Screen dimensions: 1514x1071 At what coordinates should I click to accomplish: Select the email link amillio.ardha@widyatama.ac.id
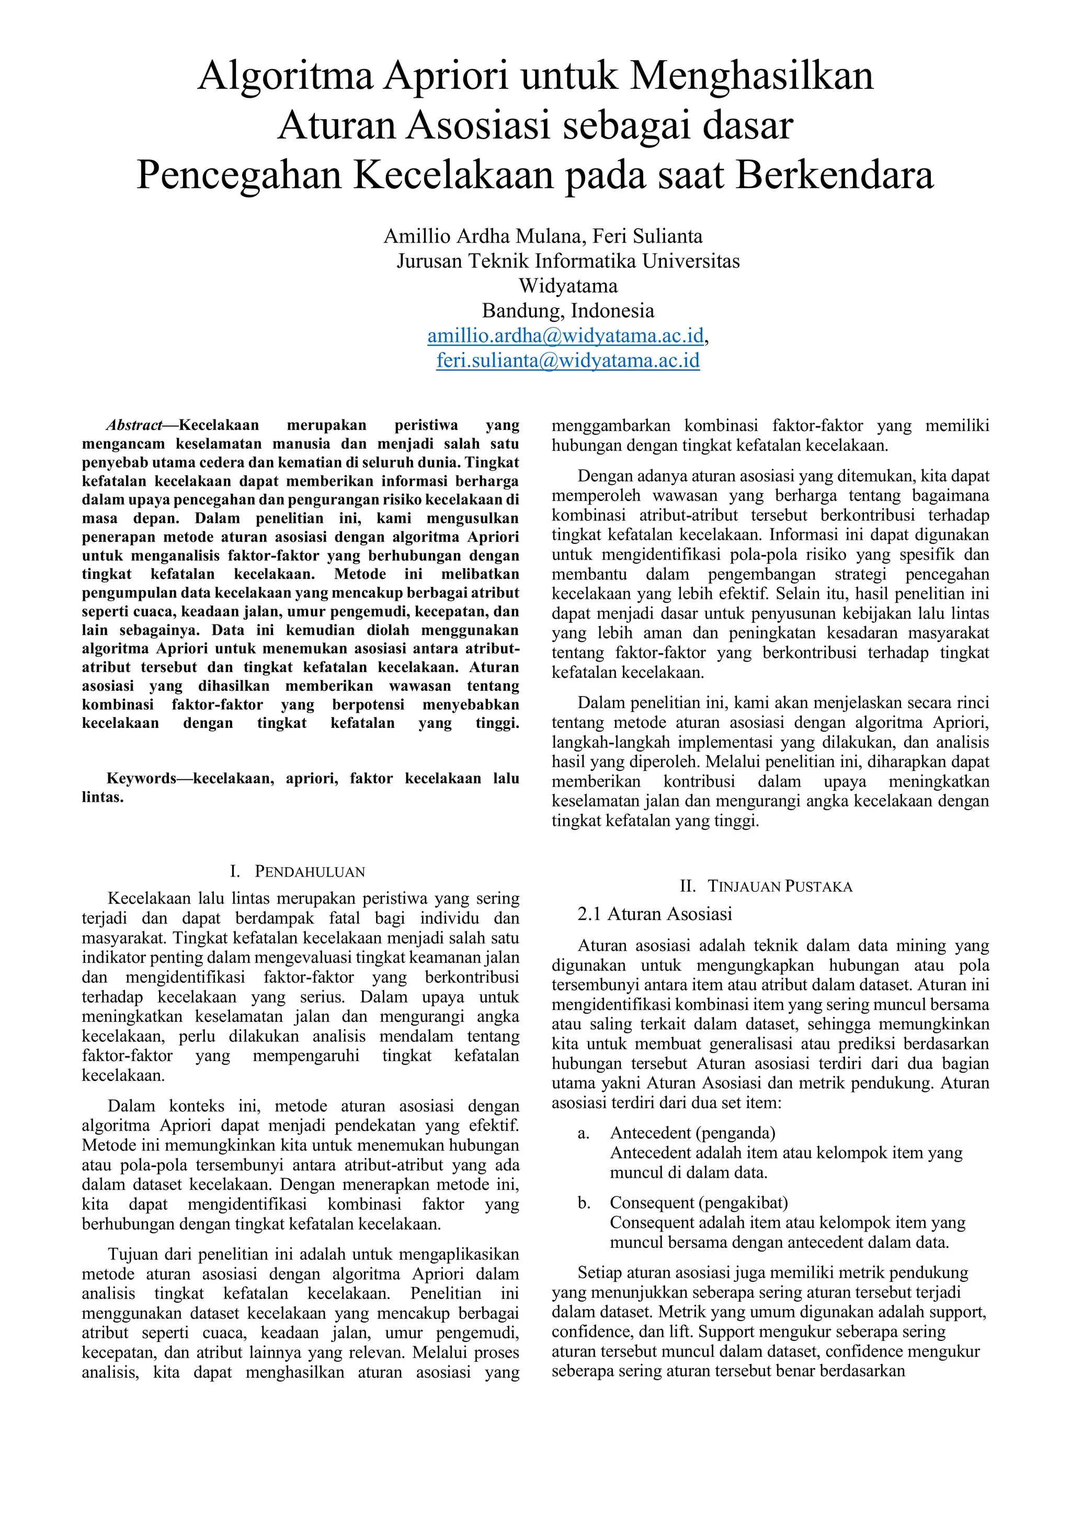coord(565,336)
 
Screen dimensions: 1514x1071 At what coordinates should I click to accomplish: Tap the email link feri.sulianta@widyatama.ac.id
coord(567,361)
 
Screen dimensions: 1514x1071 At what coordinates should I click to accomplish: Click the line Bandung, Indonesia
coord(568,311)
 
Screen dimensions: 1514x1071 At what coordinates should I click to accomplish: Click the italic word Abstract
coord(134,425)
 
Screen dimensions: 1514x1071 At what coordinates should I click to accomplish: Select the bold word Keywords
coord(141,779)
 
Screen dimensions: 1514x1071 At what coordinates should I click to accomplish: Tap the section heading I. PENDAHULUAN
coord(298,872)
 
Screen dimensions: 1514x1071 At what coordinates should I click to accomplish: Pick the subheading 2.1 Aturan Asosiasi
coord(654,914)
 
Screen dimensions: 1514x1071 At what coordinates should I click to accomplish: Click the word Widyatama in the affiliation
coord(568,286)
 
